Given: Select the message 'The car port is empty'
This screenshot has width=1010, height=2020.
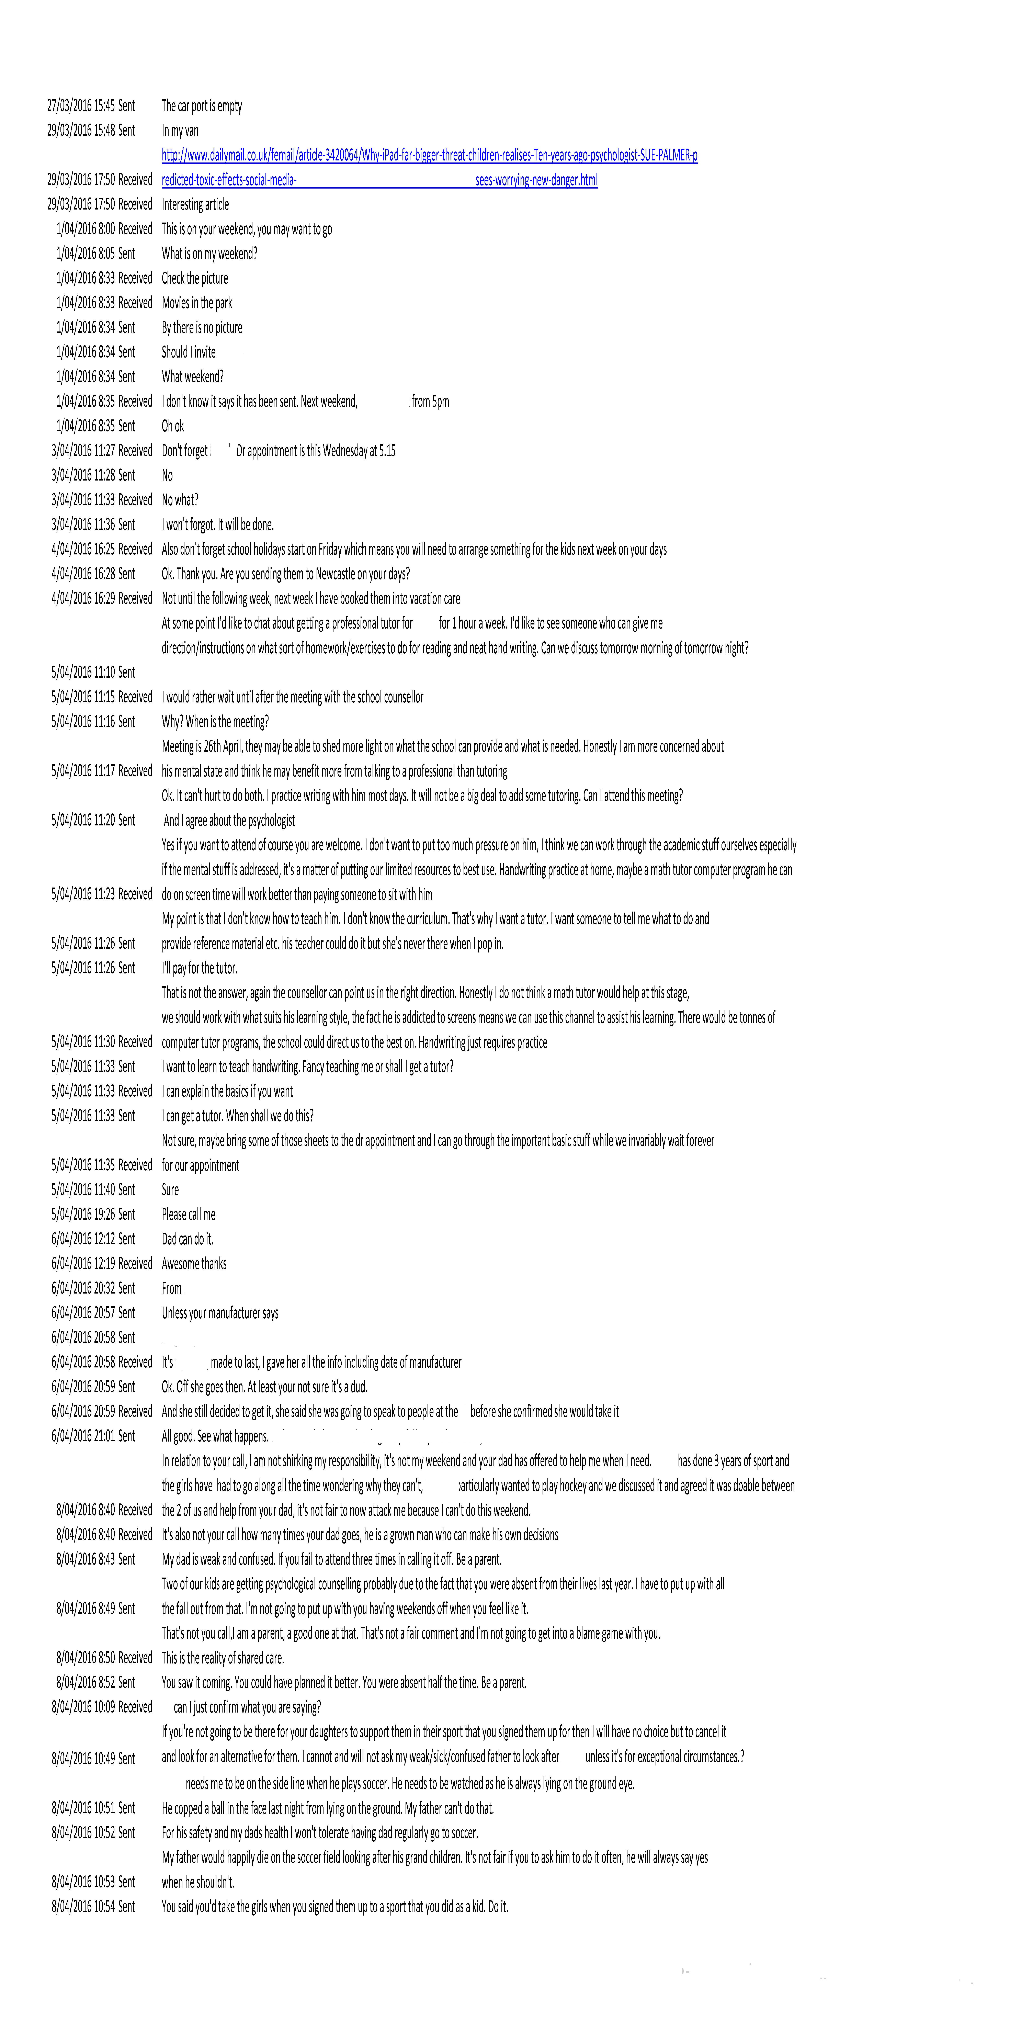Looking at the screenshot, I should click(x=202, y=106).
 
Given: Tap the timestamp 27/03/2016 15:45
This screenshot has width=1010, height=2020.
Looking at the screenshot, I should click(x=81, y=106).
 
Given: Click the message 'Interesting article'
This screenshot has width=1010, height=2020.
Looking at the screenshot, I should click(x=195, y=205).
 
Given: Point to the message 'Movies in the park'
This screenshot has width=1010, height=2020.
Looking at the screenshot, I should click(x=197, y=303).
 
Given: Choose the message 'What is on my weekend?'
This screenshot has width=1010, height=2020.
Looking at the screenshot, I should click(x=209, y=253).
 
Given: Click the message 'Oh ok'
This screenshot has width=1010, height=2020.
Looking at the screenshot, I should click(x=172, y=426).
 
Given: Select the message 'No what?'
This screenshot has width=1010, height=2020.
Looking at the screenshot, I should click(x=180, y=499).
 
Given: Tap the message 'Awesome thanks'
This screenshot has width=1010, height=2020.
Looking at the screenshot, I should click(x=194, y=1263).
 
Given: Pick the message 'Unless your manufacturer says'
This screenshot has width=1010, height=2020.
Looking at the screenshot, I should click(x=219, y=1313).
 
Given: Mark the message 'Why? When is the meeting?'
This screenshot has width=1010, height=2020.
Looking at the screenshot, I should click(x=215, y=721).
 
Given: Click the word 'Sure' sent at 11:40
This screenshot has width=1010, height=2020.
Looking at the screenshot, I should click(x=170, y=1189).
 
